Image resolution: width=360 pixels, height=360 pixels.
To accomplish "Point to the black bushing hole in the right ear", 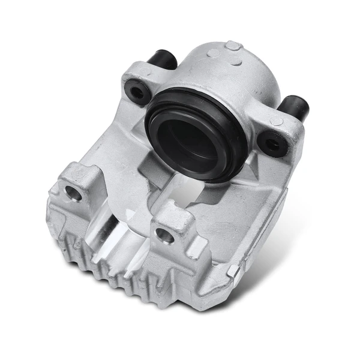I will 271,143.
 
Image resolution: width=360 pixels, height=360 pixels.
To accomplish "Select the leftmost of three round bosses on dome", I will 212,53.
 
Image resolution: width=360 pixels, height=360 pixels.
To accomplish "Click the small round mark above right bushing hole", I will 276,121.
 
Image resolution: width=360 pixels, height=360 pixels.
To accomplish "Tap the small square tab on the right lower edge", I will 234,271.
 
